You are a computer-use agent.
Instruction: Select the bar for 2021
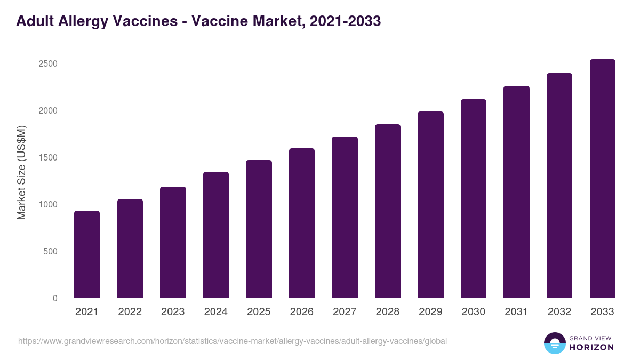(x=87, y=254)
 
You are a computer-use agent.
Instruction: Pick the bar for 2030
(x=474, y=198)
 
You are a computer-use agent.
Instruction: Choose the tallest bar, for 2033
(x=602, y=179)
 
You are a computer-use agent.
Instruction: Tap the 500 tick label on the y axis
(x=50, y=251)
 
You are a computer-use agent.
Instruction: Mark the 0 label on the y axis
(x=55, y=298)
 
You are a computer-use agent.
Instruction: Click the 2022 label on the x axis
(x=130, y=312)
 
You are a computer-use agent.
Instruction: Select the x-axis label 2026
(x=301, y=312)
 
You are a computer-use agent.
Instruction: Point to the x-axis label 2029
(x=430, y=312)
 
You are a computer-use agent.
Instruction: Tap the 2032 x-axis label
(x=559, y=312)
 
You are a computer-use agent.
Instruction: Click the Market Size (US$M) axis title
(x=21, y=173)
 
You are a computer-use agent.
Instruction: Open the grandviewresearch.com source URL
(x=233, y=341)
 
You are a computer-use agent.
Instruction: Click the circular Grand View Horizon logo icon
(x=554, y=343)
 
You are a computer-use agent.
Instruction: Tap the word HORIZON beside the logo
(x=591, y=347)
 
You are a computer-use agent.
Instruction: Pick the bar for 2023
(x=173, y=242)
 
